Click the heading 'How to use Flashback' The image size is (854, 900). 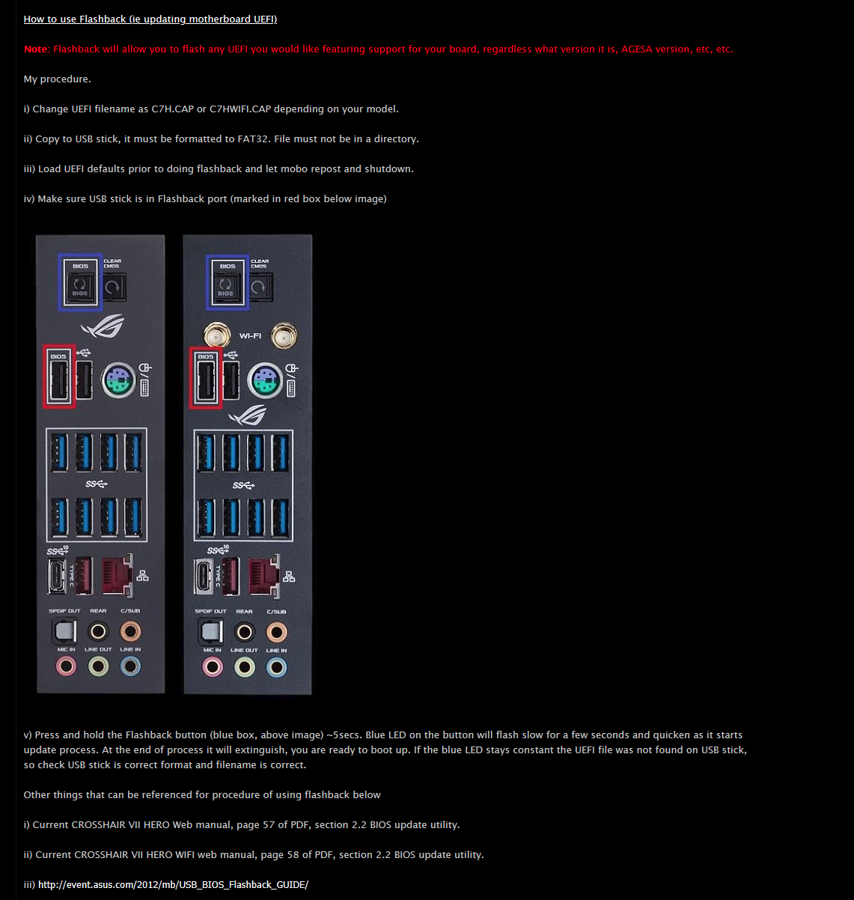pyautogui.click(x=75, y=19)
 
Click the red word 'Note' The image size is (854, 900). pyautogui.click(x=35, y=49)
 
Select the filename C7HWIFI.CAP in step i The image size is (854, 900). pyautogui.click(x=240, y=109)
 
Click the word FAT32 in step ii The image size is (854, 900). pyautogui.click(x=253, y=139)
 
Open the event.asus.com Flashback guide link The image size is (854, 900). pyautogui.click(x=173, y=884)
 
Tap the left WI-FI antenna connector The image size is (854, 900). pyautogui.click(x=216, y=335)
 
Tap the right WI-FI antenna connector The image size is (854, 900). pyautogui.click(x=284, y=335)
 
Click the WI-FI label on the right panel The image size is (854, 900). pyautogui.click(x=250, y=336)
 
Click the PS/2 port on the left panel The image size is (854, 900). pyautogui.click(x=118, y=380)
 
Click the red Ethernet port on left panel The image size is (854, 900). pyautogui.click(x=118, y=576)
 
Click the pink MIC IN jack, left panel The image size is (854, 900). pyautogui.click(x=66, y=666)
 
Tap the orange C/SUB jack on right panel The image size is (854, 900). pyautogui.click(x=276, y=632)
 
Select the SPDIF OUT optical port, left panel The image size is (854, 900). pyautogui.click(x=64, y=631)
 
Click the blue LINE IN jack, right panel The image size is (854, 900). pyautogui.click(x=276, y=667)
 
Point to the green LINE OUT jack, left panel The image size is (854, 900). pyautogui.click(x=98, y=666)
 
